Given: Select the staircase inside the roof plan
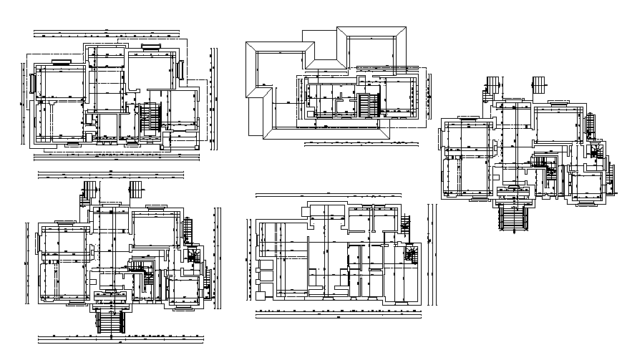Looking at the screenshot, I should pyautogui.click(x=369, y=103).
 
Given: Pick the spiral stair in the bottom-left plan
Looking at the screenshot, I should pyautogui.click(x=193, y=253).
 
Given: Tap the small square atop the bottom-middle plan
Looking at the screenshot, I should pyautogui.click(x=374, y=208).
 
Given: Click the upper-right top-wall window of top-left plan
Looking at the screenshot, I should pyautogui.click(x=151, y=47).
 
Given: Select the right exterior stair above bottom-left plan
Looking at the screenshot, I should pyautogui.click(x=134, y=190).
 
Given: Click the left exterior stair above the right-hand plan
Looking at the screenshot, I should pyautogui.click(x=494, y=84).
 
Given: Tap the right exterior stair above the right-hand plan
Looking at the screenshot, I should pyautogui.click(x=539, y=84).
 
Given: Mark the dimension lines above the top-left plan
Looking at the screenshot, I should pyautogui.click(x=107, y=32).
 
